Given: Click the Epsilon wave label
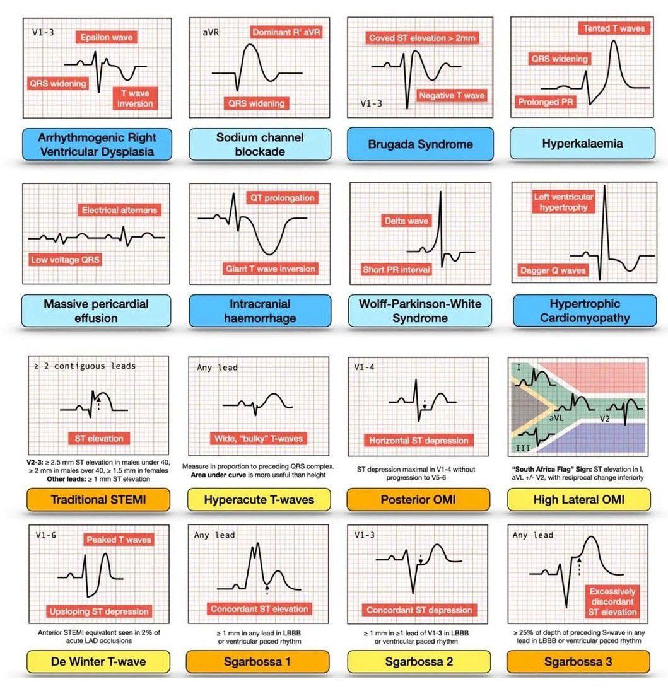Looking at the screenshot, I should (x=106, y=37).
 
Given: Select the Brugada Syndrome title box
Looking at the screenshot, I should (x=420, y=144).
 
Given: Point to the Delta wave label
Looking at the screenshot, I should (x=406, y=221).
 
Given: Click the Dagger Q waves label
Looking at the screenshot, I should (x=553, y=270).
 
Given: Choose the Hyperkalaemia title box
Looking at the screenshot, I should (x=582, y=144).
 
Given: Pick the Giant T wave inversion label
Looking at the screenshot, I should (x=270, y=269).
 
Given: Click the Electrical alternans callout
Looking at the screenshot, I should (x=119, y=210).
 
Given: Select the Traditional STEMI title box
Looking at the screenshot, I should (x=98, y=500).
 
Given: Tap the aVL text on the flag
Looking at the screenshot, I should (x=556, y=418).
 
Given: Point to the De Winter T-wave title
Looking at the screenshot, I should (x=98, y=661).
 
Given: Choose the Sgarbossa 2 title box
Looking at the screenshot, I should (x=418, y=661).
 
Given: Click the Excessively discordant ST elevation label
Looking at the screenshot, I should (x=612, y=601).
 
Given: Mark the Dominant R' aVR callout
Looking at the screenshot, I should (x=286, y=32).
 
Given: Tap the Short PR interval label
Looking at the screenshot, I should (x=396, y=269).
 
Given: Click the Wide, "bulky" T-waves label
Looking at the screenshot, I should (x=257, y=438).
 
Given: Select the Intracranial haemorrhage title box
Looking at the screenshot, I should (x=259, y=311).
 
